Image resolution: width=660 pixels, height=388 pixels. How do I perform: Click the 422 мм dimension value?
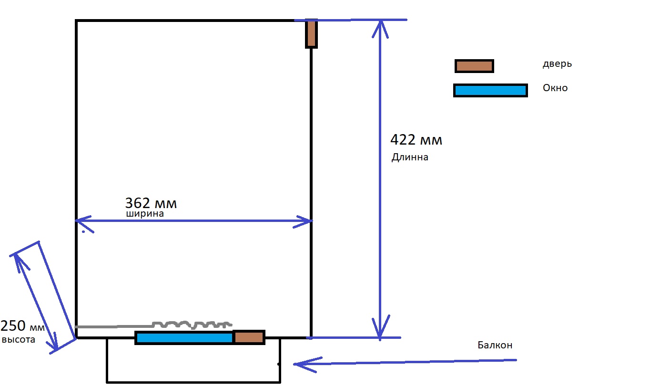click(x=416, y=140)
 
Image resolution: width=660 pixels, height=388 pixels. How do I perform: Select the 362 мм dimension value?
click(x=151, y=203)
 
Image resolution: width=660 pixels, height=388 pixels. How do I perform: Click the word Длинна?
click(x=410, y=157)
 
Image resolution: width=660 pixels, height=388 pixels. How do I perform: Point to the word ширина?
click(x=145, y=214)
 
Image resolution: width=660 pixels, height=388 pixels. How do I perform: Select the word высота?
click(x=19, y=340)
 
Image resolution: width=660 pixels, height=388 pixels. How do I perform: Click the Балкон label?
click(x=495, y=345)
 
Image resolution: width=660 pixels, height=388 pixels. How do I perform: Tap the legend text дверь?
click(x=557, y=64)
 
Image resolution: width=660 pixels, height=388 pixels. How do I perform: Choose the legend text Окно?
click(x=555, y=88)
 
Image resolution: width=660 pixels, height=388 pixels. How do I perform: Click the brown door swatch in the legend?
click(x=474, y=66)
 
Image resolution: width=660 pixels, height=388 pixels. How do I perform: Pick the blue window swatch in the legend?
click(x=490, y=90)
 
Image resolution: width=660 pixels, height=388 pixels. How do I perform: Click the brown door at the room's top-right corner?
click(x=311, y=33)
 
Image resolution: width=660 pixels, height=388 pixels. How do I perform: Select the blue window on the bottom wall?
click(x=184, y=337)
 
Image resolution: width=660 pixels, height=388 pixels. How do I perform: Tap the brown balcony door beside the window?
click(x=249, y=337)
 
